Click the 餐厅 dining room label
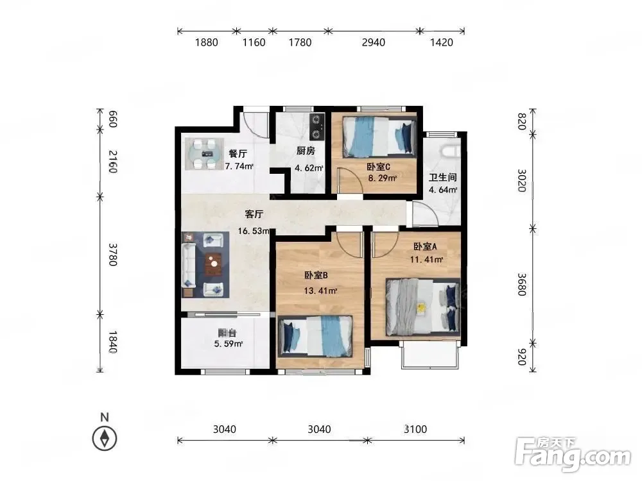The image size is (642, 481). point(238,154)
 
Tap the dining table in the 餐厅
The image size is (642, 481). point(204,154)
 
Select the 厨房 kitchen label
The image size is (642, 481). point(306,151)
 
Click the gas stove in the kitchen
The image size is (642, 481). point(317,127)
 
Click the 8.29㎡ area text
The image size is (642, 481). point(383,178)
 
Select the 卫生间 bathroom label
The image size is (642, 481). point(442,178)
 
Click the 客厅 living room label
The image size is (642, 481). point(254,214)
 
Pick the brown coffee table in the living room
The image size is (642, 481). point(213,264)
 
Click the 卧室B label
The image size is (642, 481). point(316,275)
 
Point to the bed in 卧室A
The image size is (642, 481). point(423,307)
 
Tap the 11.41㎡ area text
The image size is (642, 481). point(427,259)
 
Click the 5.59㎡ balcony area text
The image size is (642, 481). point(229,344)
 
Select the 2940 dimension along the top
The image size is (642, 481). point(374,42)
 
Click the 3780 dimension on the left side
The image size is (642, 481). point(113,255)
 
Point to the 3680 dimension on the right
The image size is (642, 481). point(521,285)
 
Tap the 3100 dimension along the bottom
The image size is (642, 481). point(415,429)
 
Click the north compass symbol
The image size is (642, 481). point(105,438)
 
